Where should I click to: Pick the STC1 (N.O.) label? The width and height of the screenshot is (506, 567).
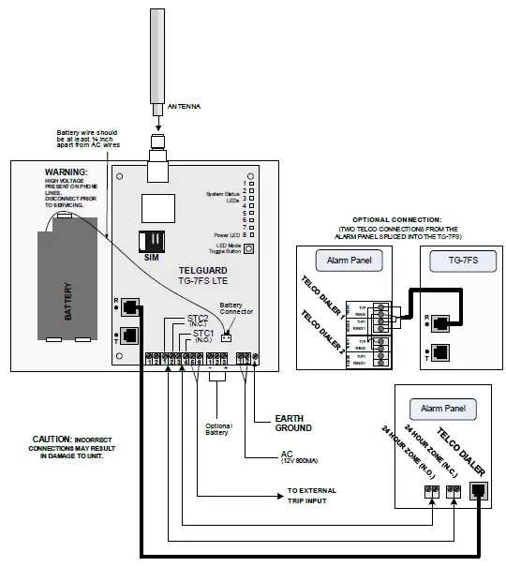tap(203, 335)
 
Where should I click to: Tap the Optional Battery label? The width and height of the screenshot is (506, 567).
tap(217, 429)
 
